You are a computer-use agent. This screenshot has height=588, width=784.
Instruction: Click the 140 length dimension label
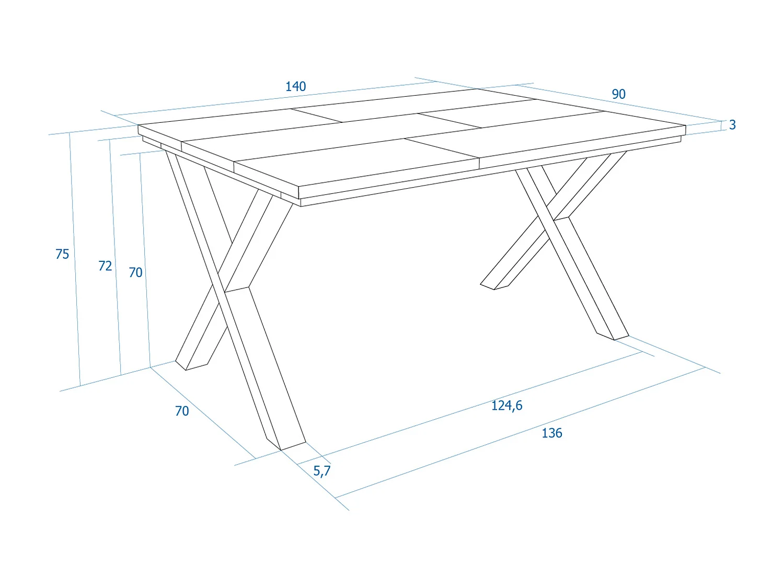[x=295, y=86]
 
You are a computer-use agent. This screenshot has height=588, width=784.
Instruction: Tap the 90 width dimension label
[x=618, y=94]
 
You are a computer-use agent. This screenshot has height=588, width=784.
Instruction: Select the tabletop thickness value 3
[x=732, y=125]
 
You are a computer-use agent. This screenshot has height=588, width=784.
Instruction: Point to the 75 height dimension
[x=62, y=254]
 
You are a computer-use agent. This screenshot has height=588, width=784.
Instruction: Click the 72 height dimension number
[x=105, y=266]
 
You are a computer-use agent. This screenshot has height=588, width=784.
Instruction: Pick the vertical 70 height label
[x=135, y=272]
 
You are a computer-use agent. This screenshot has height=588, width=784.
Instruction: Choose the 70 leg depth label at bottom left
[x=182, y=411]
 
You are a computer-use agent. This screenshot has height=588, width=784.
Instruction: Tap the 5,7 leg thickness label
[x=322, y=471]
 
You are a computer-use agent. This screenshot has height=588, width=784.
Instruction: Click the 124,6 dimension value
[x=506, y=406]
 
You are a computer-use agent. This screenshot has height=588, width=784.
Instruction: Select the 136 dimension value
[x=552, y=433]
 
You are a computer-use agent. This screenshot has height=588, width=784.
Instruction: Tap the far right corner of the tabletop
[x=685, y=126]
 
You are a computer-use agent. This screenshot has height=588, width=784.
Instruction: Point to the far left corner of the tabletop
[x=139, y=126]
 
